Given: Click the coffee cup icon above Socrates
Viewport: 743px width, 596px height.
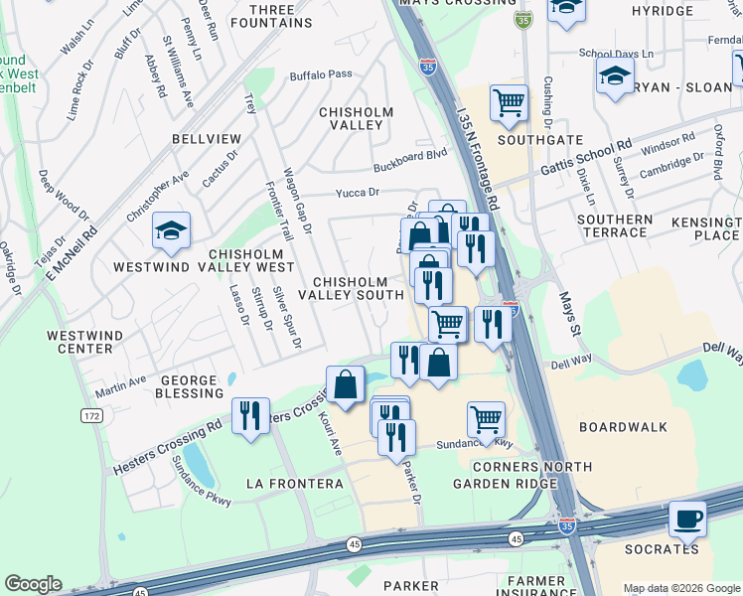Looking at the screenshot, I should [x=686, y=518].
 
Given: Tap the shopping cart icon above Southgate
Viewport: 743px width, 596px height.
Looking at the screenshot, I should [x=509, y=101].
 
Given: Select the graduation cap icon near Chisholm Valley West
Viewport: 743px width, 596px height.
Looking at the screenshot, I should [x=171, y=231].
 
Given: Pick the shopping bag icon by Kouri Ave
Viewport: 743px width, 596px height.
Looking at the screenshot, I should [x=345, y=384].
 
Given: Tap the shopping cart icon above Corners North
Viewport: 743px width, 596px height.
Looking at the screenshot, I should [x=486, y=419].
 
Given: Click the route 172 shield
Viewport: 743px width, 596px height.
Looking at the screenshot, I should [x=91, y=414].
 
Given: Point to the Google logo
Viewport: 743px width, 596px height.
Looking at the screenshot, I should [x=33, y=584].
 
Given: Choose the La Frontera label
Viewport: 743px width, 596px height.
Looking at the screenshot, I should [x=294, y=484].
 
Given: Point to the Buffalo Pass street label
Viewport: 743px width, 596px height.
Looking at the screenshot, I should [x=321, y=74].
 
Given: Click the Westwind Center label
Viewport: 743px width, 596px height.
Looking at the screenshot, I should [x=79, y=343].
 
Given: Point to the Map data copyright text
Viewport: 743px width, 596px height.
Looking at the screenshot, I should [x=681, y=588].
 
